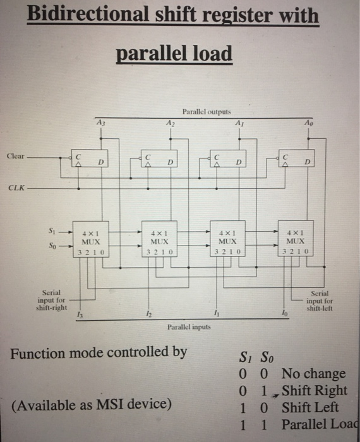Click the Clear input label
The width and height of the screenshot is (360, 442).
[x=17, y=155]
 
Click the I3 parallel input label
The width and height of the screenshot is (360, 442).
[x=79, y=314]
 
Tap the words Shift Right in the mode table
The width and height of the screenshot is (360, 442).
[x=314, y=390]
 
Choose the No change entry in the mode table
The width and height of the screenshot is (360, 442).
[x=313, y=374]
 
